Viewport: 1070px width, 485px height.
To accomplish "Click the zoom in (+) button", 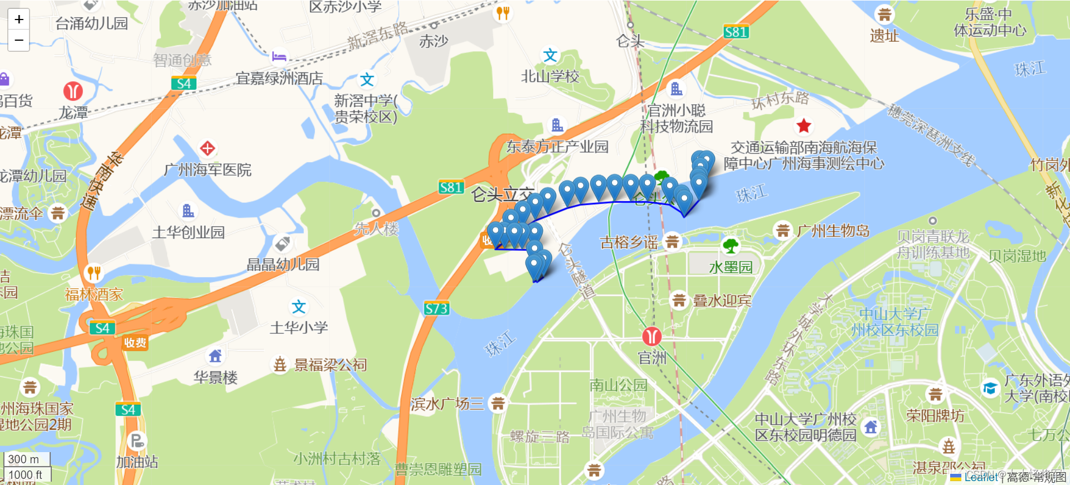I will [x=19, y=20].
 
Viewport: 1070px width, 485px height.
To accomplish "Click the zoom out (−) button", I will [x=19, y=40].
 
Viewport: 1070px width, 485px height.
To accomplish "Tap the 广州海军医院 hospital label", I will [x=208, y=169].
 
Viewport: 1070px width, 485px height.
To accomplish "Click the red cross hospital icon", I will [x=207, y=148].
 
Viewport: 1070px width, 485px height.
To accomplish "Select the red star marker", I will [x=803, y=126].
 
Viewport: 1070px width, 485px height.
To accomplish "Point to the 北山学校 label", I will [x=550, y=76].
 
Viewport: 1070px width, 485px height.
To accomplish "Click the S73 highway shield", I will [x=436, y=308].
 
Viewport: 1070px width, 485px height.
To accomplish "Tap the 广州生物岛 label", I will [x=833, y=230].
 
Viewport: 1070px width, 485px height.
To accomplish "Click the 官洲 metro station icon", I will [x=651, y=336].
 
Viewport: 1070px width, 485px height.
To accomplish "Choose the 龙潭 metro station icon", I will [x=73, y=91].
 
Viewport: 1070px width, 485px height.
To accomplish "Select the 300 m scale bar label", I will [x=24, y=459].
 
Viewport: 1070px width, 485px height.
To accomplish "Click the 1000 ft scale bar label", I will [x=26, y=475].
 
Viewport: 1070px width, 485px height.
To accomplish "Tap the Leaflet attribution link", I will [x=981, y=477].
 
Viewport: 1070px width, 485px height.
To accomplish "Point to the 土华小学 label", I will [x=299, y=327].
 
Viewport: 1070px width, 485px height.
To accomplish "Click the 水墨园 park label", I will [x=731, y=268].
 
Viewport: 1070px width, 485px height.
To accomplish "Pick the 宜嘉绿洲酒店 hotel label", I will [x=279, y=78].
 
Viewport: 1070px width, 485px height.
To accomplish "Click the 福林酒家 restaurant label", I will [x=94, y=294].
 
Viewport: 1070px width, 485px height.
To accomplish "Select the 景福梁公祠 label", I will [x=330, y=365].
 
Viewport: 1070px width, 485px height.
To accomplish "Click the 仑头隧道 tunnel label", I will [x=577, y=271].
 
